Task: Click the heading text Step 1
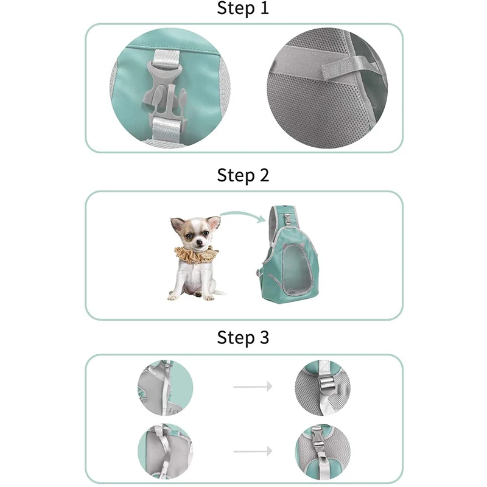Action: point(243,9)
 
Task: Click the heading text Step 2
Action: point(243,175)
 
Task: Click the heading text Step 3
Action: point(243,338)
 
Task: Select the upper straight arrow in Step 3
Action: point(253,385)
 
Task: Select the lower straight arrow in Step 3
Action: point(253,451)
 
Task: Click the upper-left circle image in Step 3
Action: point(165,387)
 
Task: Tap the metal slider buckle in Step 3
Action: point(323,381)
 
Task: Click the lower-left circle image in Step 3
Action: point(165,452)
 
